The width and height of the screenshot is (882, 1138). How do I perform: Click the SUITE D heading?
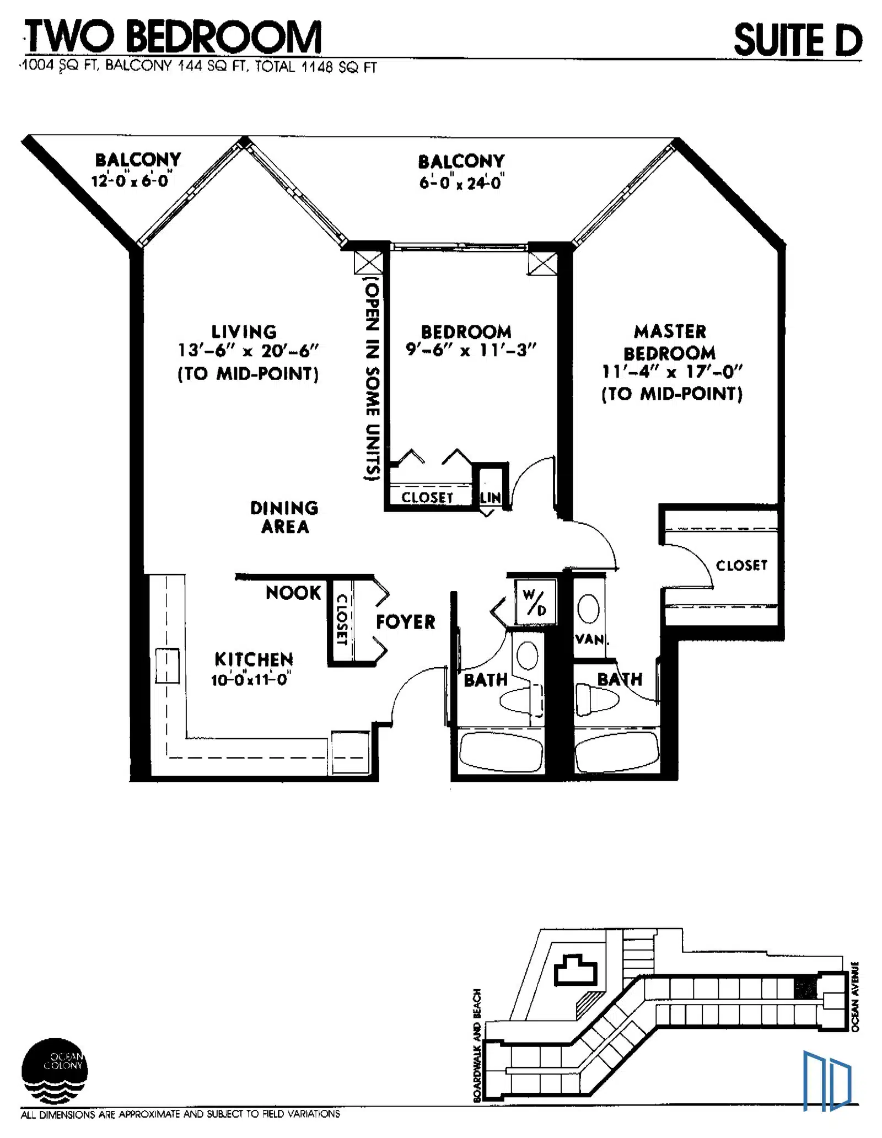coord(798,40)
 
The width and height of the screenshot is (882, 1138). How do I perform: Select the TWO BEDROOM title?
coord(173,36)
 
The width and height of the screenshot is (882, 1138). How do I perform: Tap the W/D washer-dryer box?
coord(534,601)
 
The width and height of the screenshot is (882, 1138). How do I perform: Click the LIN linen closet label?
coord(490,497)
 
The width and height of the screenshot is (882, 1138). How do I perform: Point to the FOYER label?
coord(405,622)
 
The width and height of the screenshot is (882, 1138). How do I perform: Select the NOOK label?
coord(293,593)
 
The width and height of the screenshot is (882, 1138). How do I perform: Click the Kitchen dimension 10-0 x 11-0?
coord(251,679)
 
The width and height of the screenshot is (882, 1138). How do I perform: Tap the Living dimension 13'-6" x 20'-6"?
coord(248,351)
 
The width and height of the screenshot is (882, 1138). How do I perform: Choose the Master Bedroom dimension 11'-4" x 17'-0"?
coord(672,372)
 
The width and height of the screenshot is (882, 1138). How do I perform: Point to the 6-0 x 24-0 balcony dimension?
coord(461,182)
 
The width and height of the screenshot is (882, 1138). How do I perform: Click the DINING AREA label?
coord(284,517)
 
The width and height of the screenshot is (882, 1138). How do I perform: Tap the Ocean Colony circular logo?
coord(54,1071)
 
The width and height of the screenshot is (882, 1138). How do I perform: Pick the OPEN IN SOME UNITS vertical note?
coord(373,381)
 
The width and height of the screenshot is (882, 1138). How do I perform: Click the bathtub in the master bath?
coord(617,750)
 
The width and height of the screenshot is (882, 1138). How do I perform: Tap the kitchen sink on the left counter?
coord(167,666)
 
